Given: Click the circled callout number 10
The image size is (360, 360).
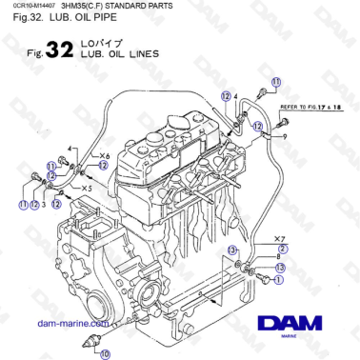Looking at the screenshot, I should (105, 353).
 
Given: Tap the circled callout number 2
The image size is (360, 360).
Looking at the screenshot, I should (282, 246).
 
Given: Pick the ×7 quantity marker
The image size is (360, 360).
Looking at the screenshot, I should (279, 234).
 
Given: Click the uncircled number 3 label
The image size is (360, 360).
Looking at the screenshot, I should (44, 203).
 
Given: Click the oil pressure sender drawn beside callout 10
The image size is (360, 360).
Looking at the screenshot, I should (94, 339).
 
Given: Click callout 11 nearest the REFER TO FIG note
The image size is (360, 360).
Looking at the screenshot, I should (276, 84).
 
